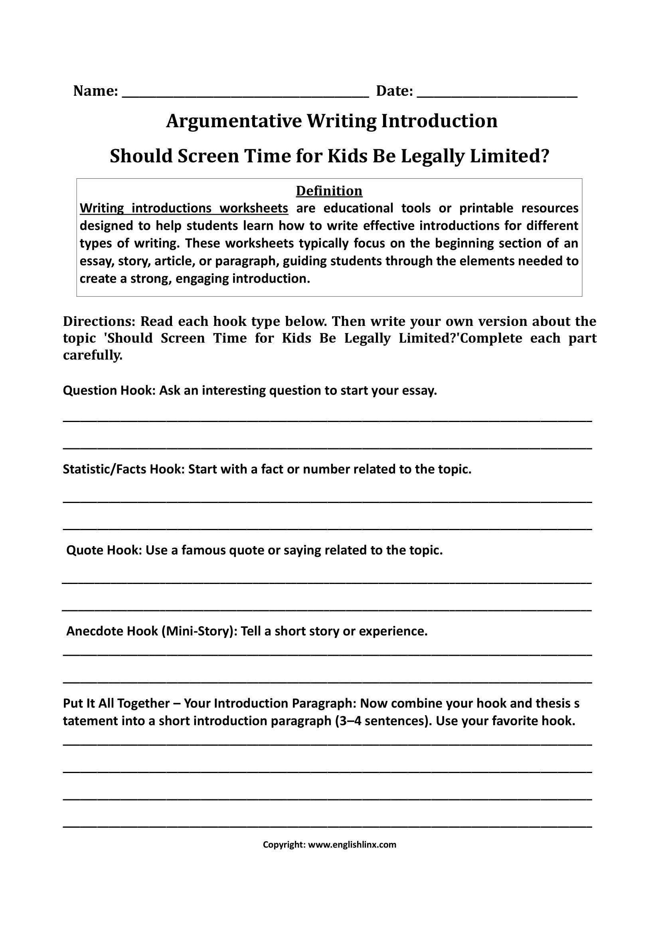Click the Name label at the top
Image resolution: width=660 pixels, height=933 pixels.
point(95,91)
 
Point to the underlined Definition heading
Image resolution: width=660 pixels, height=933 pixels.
point(329,191)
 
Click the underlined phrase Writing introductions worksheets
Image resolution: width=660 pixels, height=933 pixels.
point(184,208)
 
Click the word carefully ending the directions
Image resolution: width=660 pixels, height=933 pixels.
point(92,355)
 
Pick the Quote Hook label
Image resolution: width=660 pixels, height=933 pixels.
point(104,550)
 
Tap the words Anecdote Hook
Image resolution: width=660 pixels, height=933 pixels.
point(112,631)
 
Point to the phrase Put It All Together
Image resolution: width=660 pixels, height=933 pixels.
point(116,703)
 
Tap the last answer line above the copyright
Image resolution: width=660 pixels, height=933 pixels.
point(327,826)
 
